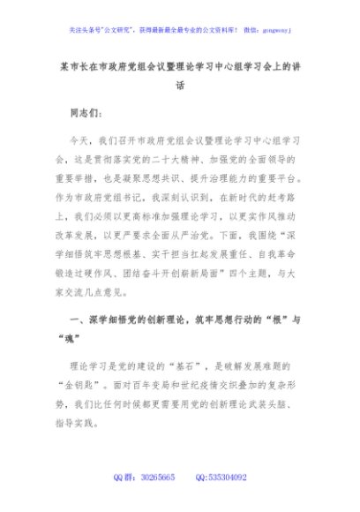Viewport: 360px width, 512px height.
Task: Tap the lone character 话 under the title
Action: click(180, 87)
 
